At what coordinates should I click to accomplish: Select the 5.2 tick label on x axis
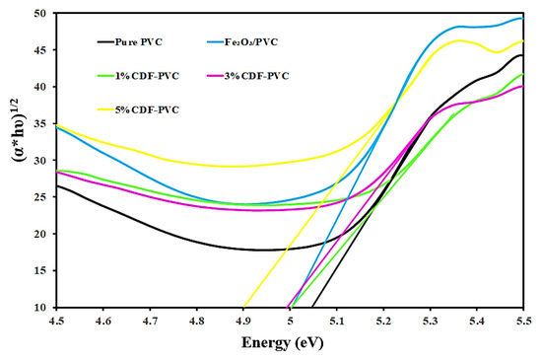click(382, 322)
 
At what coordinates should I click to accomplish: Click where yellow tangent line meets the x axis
click(242, 307)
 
